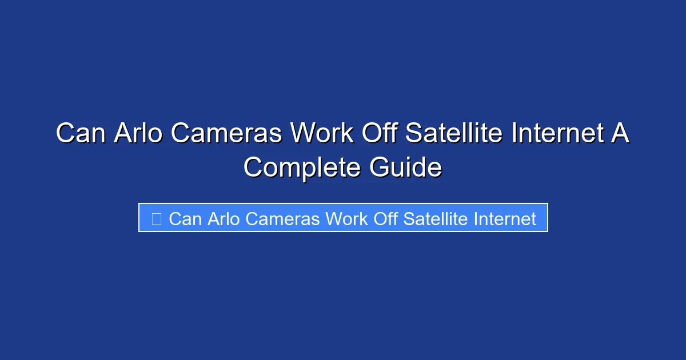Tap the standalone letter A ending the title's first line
coord(621,134)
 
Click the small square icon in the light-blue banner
coord(156,218)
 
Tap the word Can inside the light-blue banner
coord(185,218)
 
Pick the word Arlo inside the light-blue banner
coord(222,218)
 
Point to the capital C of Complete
coord(253,168)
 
